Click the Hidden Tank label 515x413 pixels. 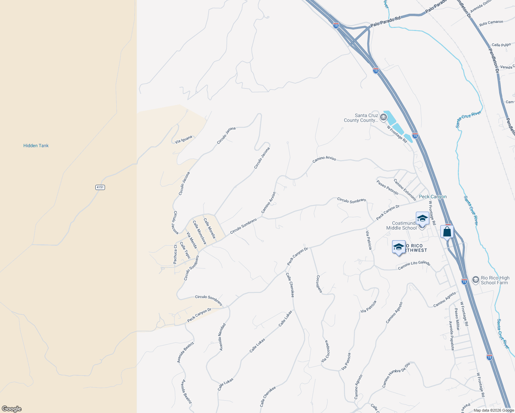click(36, 146)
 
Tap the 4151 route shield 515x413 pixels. click(100, 187)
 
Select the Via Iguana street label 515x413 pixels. click(183, 139)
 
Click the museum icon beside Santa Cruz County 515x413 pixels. click(383, 118)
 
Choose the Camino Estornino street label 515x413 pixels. click(405, 190)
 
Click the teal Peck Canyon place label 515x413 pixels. click(433, 197)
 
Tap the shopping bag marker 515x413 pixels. click(447, 232)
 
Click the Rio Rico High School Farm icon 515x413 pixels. click(475, 280)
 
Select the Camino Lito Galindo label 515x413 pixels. click(414, 265)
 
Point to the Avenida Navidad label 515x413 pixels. click(222, 337)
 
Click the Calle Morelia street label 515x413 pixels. click(209, 228)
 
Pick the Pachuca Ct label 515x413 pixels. click(175, 254)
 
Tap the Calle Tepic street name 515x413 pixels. click(185, 250)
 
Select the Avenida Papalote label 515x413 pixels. click(451, 336)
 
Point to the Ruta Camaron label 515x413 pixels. click(491, 23)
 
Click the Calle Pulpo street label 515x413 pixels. click(501, 45)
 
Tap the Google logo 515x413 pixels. click(12, 409)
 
